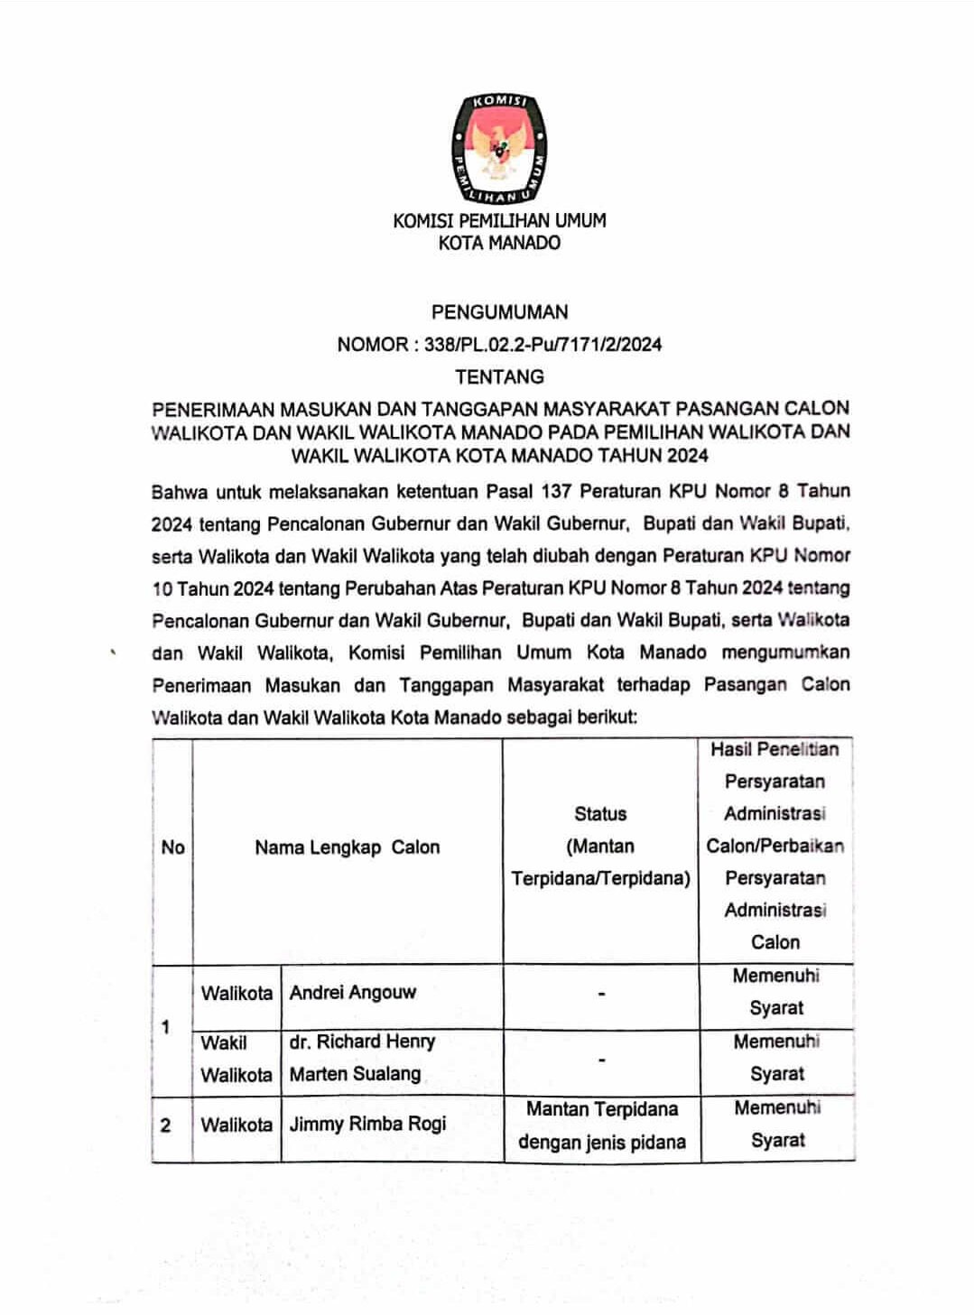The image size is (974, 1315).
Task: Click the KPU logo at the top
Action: pos(499,149)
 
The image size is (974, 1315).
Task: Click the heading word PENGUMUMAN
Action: pos(499,312)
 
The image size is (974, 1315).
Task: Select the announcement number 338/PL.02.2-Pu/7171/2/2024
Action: pos(543,344)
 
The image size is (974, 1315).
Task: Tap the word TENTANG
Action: pos(499,376)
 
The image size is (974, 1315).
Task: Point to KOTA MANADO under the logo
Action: pos(499,243)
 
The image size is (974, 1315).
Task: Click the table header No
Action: pos(172,847)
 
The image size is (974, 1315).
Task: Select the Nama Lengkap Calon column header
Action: pos(348,847)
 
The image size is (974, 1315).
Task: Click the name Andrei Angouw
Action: pos(353,992)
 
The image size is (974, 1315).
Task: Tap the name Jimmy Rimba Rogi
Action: pos(367,1124)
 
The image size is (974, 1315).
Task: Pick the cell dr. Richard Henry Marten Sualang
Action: pos(362,1057)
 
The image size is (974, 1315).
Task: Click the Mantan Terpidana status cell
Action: pos(602,1125)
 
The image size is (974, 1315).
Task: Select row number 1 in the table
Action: pos(165,1026)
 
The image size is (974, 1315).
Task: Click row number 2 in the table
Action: pos(165,1125)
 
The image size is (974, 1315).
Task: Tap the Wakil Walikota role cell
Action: pos(236,1058)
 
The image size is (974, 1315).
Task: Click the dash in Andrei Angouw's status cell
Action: pos(601,994)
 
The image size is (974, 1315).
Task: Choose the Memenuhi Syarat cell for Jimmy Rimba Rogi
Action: pos(777,1124)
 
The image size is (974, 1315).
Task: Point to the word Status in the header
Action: pos(600,813)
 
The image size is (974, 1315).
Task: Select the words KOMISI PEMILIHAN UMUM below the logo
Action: pos(499,220)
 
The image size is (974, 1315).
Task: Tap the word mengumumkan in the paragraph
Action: pos(785,652)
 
